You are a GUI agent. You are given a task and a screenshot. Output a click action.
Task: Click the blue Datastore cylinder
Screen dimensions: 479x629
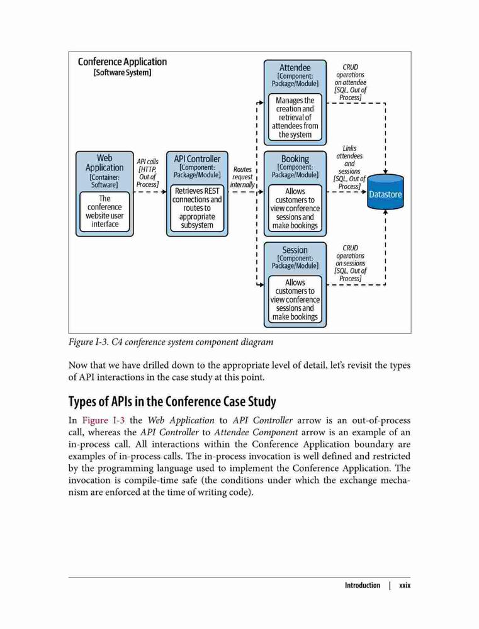tap(385, 192)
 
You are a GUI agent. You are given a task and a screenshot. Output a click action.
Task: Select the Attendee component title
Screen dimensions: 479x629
tap(295, 67)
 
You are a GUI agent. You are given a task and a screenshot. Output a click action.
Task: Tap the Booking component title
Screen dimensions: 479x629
tap(295, 159)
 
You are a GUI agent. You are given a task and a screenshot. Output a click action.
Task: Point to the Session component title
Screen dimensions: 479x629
tap(295, 250)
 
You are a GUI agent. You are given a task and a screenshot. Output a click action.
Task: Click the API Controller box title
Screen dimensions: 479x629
tap(197, 159)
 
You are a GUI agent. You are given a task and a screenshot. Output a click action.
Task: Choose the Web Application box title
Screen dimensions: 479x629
tap(104, 162)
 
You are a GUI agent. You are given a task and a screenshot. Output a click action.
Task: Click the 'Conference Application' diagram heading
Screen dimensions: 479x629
tap(123, 62)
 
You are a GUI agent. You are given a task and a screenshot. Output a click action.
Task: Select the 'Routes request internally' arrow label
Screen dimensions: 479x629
tap(242, 177)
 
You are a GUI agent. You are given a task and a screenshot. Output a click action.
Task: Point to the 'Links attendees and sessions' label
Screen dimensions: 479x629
tap(349, 167)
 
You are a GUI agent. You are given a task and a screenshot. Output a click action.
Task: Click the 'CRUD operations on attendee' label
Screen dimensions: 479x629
tap(350, 82)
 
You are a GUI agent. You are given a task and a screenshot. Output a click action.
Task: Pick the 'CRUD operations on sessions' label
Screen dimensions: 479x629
tap(350, 263)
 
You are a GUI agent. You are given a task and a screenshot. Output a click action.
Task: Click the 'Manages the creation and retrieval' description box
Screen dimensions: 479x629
tap(295, 117)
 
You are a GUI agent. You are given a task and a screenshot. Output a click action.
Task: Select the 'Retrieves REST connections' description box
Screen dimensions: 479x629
tap(197, 208)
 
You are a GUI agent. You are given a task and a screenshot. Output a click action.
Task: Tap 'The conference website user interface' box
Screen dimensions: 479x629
tap(104, 211)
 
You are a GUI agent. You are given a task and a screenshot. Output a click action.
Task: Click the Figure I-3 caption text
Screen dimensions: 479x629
tap(171, 342)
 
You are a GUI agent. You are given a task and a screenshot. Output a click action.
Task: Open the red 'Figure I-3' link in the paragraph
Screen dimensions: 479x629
tap(103, 420)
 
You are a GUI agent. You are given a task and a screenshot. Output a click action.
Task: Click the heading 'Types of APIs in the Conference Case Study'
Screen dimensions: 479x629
tap(172, 401)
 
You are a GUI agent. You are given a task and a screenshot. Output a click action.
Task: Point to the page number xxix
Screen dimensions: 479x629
tap(405, 585)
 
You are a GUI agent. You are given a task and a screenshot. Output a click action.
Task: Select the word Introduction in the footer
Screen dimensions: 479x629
tap(362, 585)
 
